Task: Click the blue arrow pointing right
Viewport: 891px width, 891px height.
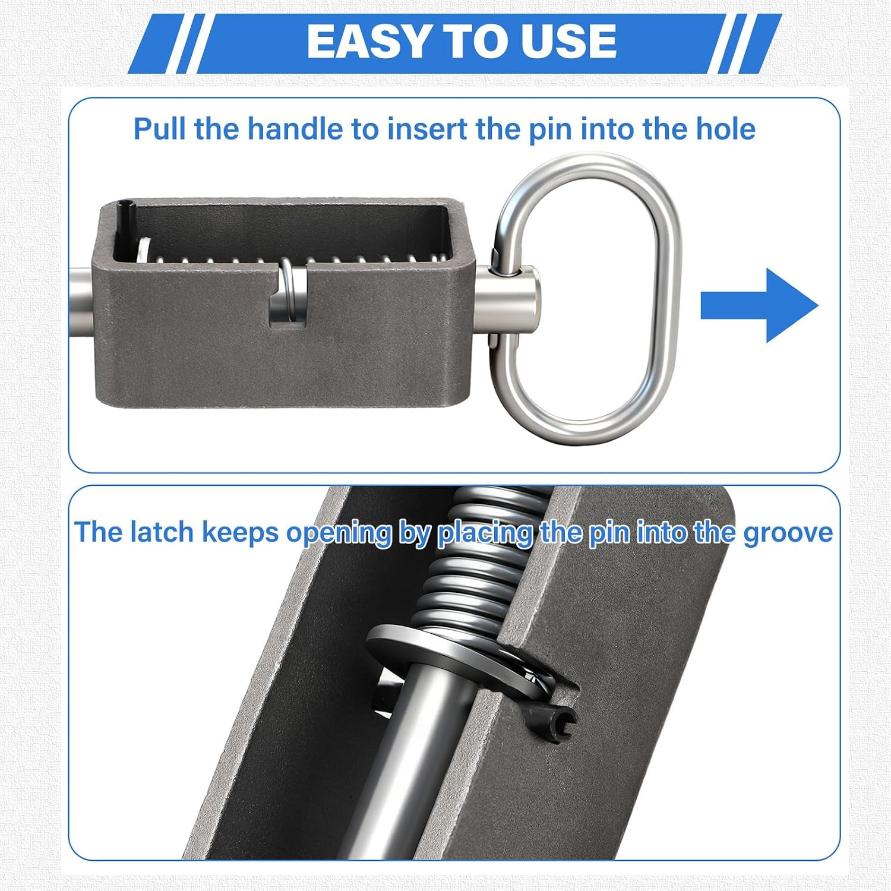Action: (760, 305)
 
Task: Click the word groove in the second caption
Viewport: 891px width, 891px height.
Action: (788, 533)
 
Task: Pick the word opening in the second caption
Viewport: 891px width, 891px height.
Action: (339, 533)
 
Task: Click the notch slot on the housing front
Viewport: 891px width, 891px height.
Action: (288, 297)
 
